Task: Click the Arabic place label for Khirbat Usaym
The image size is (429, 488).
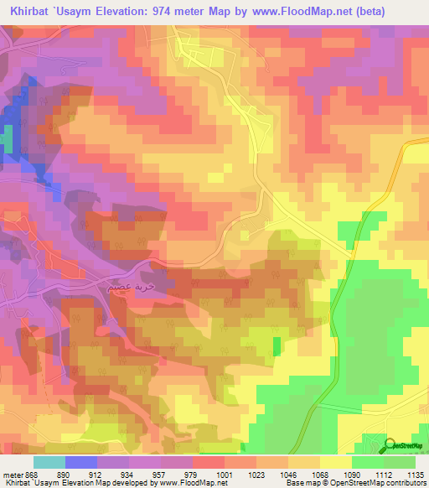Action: click(x=131, y=286)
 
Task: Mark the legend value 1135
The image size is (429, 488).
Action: click(x=415, y=474)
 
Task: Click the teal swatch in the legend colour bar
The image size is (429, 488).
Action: click(x=49, y=462)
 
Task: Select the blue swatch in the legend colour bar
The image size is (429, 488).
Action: click(x=81, y=462)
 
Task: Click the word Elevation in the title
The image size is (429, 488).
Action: click(x=144, y=11)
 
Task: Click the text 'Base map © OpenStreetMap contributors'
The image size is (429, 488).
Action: click(x=355, y=483)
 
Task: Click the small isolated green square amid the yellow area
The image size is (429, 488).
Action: click(x=277, y=345)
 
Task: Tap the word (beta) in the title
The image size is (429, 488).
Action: click(x=402, y=11)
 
